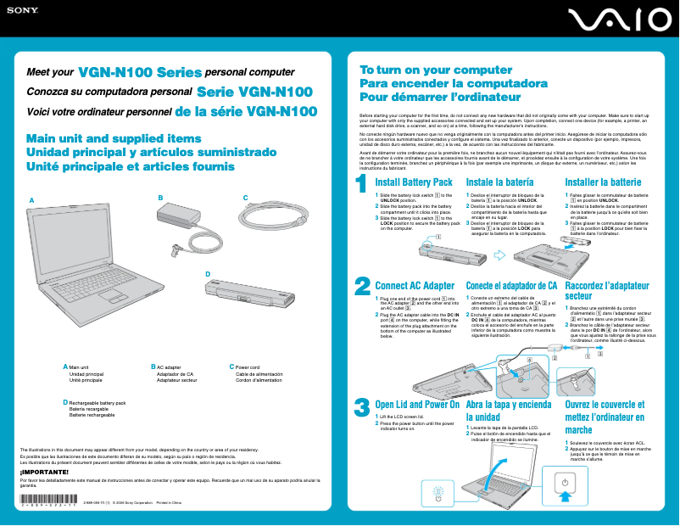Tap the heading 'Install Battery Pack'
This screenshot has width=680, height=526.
pyautogui.click(x=414, y=182)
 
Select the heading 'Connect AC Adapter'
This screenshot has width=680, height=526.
pyautogui.click(x=415, y=286)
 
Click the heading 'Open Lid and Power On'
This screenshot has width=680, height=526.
pyautogui.click(x=416, y=405)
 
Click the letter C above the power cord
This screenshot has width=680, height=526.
pyautogui.click(x=245, y=199)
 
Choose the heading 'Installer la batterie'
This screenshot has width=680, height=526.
pyautogui.click(x=603, y=182)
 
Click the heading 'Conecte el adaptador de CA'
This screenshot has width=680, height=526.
pyautogui.click(x=511, y=286)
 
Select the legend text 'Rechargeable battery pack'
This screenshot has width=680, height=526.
pyautogui.click(x=97, y=403)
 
